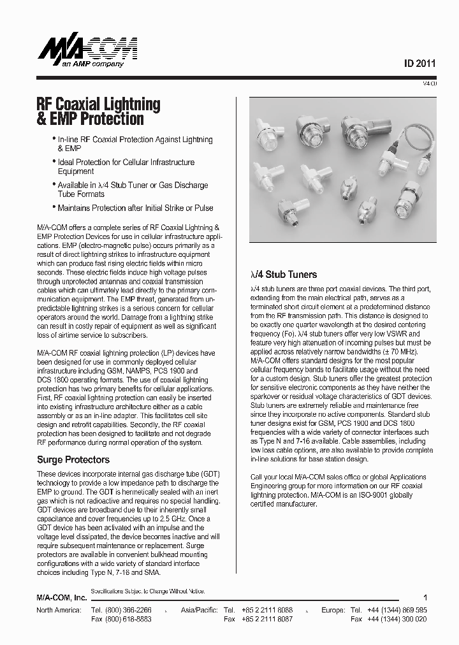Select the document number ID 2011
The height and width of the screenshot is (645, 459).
[420, 64]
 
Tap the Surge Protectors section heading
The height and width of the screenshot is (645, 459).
[73, 460]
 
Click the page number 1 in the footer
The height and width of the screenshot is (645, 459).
[425, 598]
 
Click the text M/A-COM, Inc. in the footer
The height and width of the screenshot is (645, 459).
[61, 598]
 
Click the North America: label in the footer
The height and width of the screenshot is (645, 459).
[59, 610]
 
